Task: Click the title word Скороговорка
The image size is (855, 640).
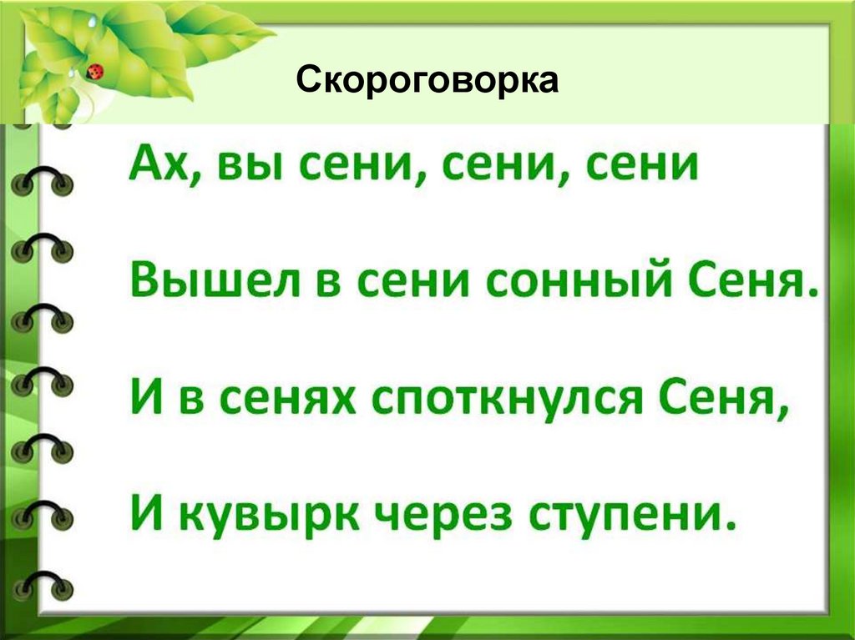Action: click(x=427, y=82)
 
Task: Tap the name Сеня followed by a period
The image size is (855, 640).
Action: click(x=754, y=286)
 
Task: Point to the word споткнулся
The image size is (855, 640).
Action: click(x=508, y=403)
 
